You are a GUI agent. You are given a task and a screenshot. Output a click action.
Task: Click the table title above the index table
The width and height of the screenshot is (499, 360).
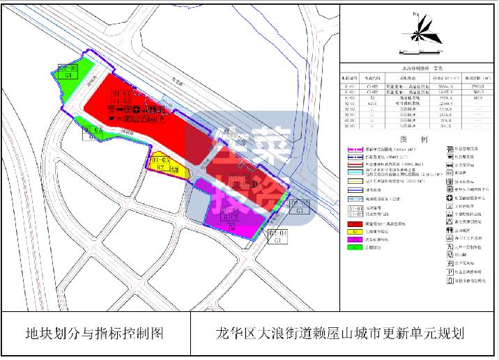419,68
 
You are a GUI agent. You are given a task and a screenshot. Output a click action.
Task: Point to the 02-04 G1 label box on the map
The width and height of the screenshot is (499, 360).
278,237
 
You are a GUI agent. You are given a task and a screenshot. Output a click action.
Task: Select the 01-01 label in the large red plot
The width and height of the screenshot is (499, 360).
122,93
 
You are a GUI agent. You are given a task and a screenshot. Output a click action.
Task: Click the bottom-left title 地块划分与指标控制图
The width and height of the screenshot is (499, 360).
94,334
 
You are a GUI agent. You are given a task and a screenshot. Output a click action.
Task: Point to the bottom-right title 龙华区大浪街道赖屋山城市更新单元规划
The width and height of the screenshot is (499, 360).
341,334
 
